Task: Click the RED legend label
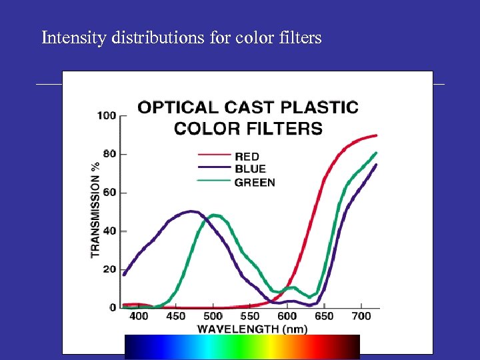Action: pyautogui.click(x=247, y=157)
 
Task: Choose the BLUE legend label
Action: pyautogui.click(x=250, y=169)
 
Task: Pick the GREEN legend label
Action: pyautogui.click(x=255, y=182)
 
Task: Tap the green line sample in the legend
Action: pyautogui.click(x=214, y=182)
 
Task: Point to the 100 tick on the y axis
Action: pyautogui.click(x=107, y=115)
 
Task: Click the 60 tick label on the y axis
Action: pyautogui.click(x=109, y=193)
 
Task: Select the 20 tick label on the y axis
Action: pyautogui.click(x=109, y=269)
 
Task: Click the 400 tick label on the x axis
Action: pyautogui.click(x=139, y=316)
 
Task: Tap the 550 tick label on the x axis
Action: pyautogui.click(x=250, y=316)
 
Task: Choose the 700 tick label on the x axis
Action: pyautogui.click(x=361, y=316)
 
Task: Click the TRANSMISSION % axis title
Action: pyautogui.click(x=95, y=209)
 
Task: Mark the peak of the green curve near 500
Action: pyautogui.click(x=214, y=215)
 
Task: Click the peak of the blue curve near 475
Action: pyautogui.click(x=192, y=211)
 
